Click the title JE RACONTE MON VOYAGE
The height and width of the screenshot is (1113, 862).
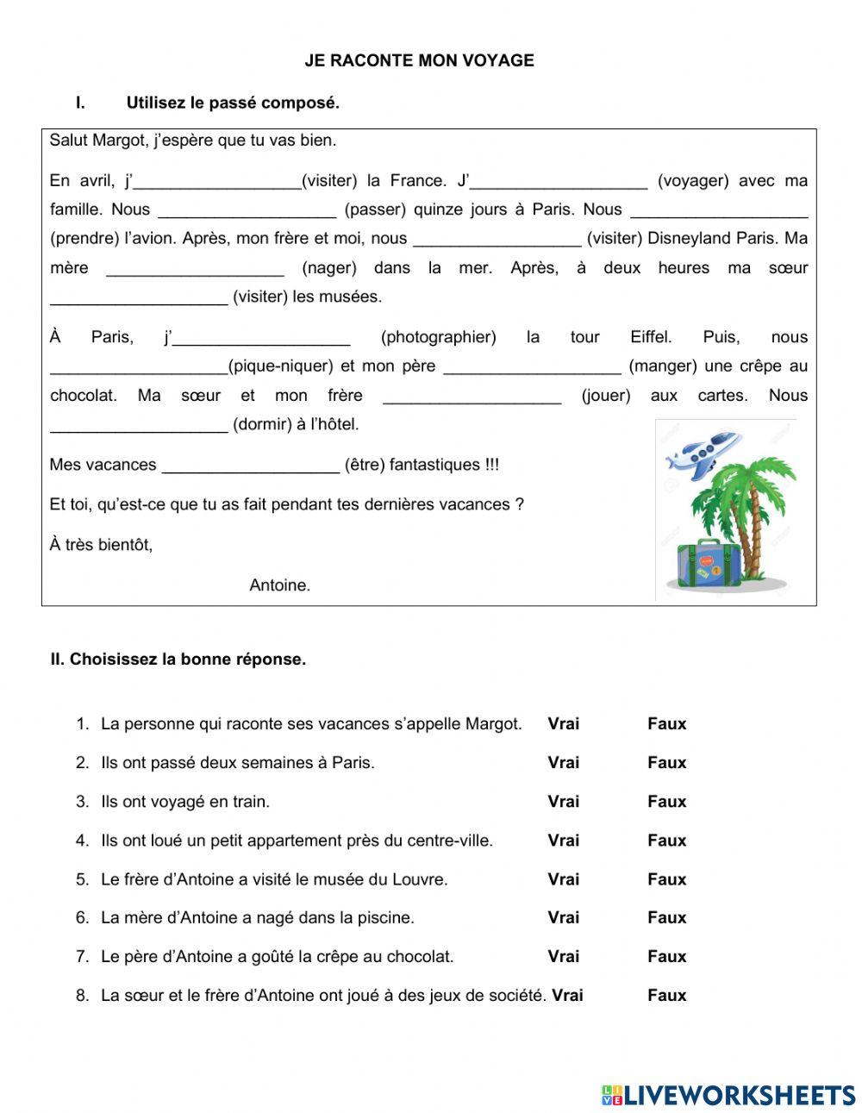(x=419, y=60)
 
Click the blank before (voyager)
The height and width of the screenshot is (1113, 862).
(x=559, y=181)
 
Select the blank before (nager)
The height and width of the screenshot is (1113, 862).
(x=195, y=268)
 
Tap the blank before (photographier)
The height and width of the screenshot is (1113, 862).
(x=261, y=337)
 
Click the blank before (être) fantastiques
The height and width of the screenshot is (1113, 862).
(x=251, y=465)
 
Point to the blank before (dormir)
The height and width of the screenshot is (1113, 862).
(x=139, y=424)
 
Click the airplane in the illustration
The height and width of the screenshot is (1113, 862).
(x=703, y=453)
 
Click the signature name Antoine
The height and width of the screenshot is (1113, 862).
(x=279, y=585)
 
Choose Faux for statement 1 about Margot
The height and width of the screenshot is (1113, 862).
(x=666, y=724)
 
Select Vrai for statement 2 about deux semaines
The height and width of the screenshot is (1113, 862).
(x=563, y=763)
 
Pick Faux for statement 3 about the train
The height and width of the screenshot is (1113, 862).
(x=666, y=802)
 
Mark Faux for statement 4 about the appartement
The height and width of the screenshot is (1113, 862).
(x=666, y=841)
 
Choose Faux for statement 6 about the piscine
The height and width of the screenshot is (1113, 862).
(x=666, y=918)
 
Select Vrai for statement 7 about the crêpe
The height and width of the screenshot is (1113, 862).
(x=563, y=957)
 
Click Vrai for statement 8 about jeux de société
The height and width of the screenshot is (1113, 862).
(x=567, y=996)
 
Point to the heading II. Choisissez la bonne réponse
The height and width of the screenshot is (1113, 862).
(x=178, y=660)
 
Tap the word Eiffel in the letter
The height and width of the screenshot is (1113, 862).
(x=651, y=337)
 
